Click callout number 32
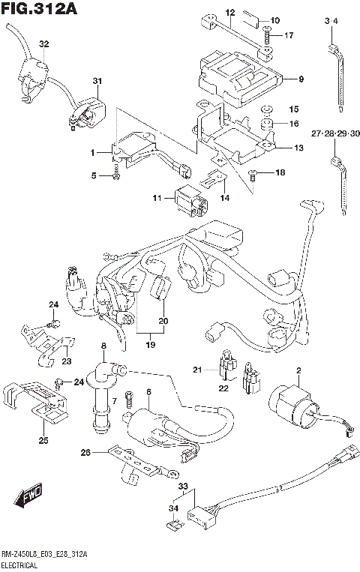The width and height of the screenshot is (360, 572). (x=43, y=45)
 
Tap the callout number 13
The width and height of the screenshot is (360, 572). (x=298, y=148)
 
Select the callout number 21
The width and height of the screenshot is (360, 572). (x=197, y=370)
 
